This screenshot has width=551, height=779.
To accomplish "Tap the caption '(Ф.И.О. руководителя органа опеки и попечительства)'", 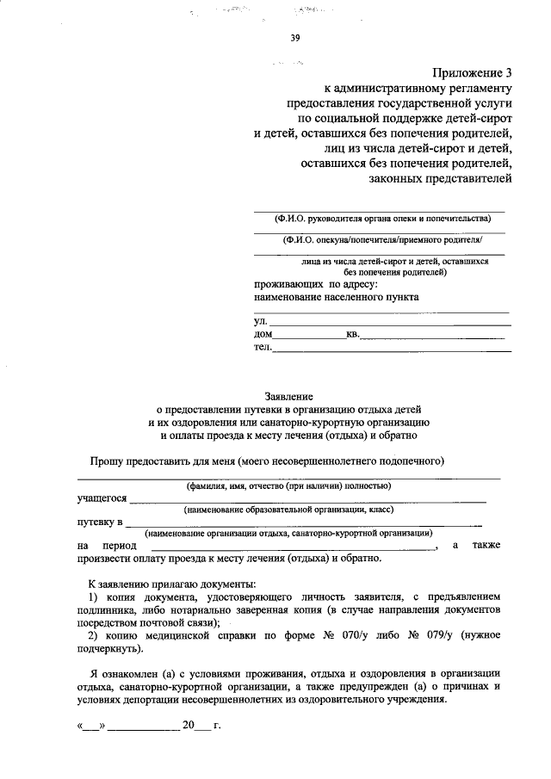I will (x=380, y=218).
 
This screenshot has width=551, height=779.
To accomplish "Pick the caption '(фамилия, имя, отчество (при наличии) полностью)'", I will (x=288, y=485).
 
